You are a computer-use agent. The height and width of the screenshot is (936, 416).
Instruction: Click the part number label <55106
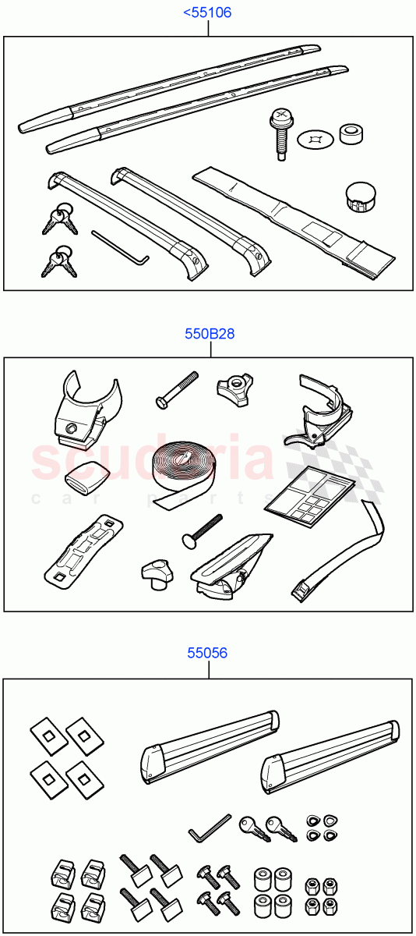tap(207, 12)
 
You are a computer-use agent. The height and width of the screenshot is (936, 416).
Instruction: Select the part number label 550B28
tap(210, 334)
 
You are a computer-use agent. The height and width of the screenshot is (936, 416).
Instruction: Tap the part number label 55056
tap(207, 653)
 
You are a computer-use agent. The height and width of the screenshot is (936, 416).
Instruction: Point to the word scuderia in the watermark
tap(152, 460)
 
